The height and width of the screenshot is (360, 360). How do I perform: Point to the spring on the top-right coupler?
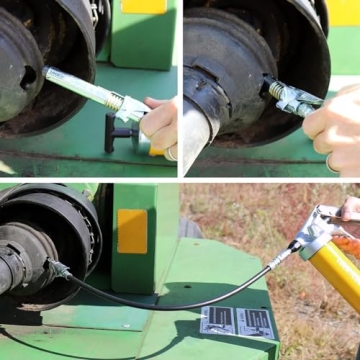(273, 90)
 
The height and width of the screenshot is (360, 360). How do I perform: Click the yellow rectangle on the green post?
(132, 231)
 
